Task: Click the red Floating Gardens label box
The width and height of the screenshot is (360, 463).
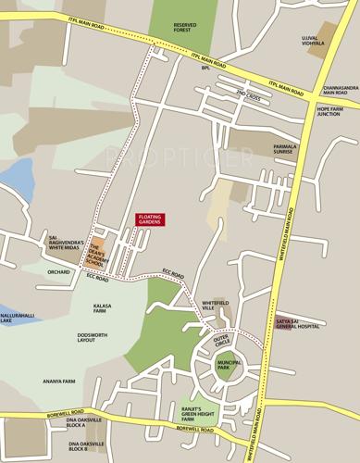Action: tap(150, 219)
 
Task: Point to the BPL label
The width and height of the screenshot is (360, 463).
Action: tap(206, 68)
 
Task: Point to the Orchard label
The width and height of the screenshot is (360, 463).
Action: tap(59, 272)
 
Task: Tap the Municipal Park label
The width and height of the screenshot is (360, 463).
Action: tap(229, 365)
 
